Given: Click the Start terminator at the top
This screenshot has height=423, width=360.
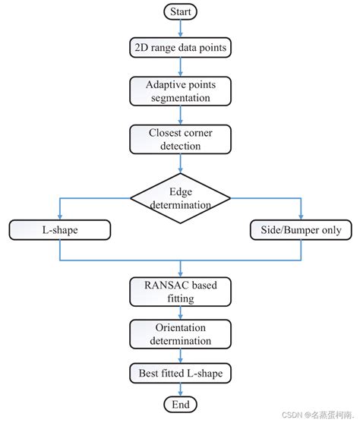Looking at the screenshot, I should point(181,12).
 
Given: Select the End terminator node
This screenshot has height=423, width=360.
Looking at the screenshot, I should point(181,403).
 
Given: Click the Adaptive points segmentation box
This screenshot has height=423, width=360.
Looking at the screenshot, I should point(181,92).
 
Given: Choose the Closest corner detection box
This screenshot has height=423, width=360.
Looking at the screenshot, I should point(181,139).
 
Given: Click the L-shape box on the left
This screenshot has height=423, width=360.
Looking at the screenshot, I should point(59,229).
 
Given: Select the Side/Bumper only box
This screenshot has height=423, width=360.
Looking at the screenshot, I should point(301,229).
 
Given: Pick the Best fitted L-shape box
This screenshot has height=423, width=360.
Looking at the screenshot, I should point(181,373).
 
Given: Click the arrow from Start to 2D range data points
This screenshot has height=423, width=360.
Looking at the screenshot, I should point(181,29).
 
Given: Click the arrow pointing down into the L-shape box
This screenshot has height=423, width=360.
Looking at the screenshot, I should point(59,211).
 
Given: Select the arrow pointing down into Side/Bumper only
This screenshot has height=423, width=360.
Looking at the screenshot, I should point(301,211).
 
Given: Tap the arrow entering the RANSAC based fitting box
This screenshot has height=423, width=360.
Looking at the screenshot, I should point(181,269).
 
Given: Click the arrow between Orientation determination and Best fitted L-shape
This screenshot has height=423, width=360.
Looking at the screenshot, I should point(181,356).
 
